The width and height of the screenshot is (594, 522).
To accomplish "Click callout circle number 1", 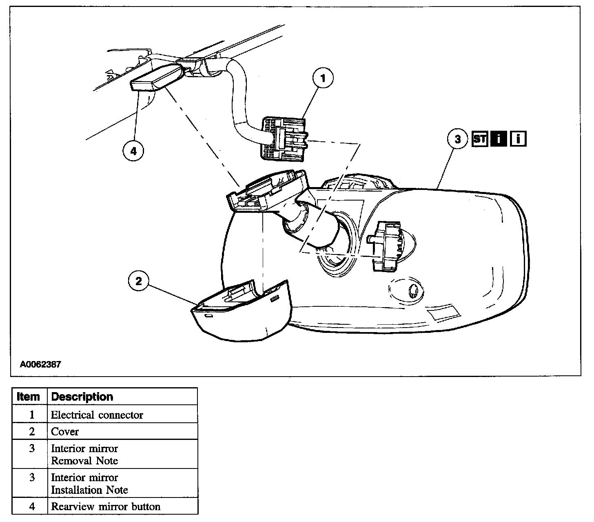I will [x=323, y=78].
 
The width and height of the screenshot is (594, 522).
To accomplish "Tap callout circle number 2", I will [x=139, y=281].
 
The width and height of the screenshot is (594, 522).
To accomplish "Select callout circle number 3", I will [x=457, y=139].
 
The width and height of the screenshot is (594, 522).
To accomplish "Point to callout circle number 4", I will [x=133, y=151].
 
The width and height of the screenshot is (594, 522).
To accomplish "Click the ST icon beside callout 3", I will [x=479, y=139].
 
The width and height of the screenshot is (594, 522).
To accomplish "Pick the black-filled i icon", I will [x=499, y=139].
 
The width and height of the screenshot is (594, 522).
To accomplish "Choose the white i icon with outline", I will [x=518, y=139].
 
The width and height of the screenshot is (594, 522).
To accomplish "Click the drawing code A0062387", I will [x=41, y=364].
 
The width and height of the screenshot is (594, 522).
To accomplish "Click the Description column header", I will [x=82, y=397].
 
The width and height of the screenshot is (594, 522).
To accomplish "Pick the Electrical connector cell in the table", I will [x=97, y=415].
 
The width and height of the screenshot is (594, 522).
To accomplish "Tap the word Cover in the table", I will [x=64, y=432].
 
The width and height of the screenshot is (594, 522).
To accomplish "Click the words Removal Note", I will [x=84, y=461].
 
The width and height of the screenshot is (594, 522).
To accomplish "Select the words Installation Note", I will [x=89, y=490].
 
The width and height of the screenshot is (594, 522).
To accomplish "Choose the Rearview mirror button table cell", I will [x=105, y=507].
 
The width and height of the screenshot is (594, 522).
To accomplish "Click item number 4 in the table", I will [x=32, y=507].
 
